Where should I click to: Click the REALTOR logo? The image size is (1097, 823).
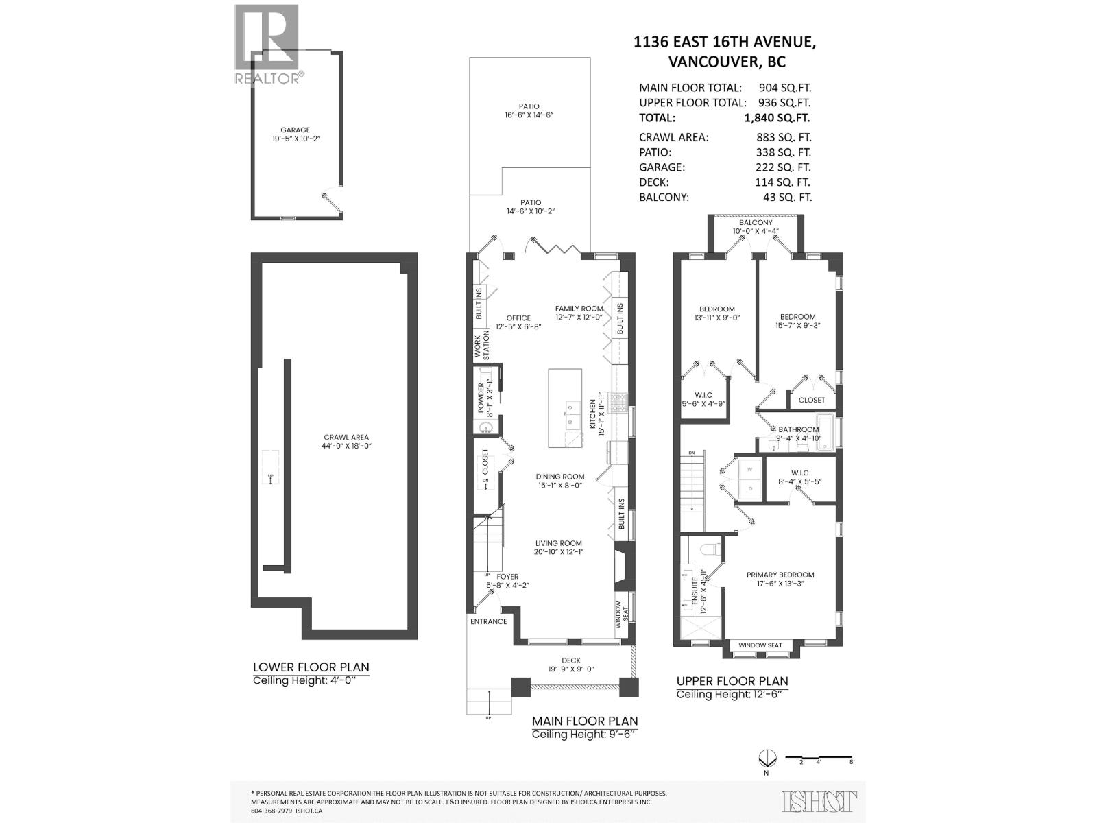coord(267,44)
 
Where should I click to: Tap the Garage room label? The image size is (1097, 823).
coord(295,130)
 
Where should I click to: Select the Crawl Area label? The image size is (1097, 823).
coord(341,437)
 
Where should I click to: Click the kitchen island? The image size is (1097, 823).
coord(565,407)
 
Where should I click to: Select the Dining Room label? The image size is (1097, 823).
coord(560,477)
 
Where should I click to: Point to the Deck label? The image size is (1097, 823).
coord(570,660)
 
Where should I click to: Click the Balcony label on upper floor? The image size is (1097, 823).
coord(756,222)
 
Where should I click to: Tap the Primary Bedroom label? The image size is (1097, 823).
coord(780,575)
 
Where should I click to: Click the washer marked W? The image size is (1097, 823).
coord(749,470)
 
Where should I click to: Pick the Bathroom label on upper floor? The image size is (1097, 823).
coord(798,429)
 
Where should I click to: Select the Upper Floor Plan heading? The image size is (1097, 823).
coord(732,681)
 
